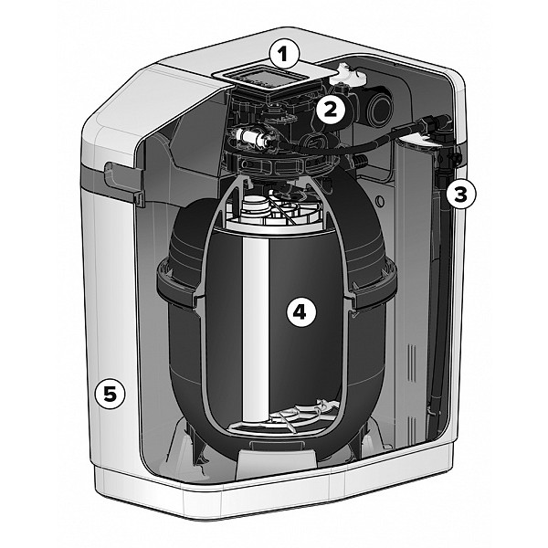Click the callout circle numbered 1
pyautogui.click(x=284, y=55)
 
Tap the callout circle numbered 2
pyautogui.click(x=331, y=110)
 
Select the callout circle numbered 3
pyautogui.click(x=460, y=194)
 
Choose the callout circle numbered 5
pyautogui.click(x=110, y=395)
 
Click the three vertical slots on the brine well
pyautogui.click(x=412, y=364)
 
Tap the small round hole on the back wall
pyautogui.click(x=380, y=202)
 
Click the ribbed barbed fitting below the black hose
pyautogui.click(x=359, y=163)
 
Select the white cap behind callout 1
pyautogui.click(x=347, y=73)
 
